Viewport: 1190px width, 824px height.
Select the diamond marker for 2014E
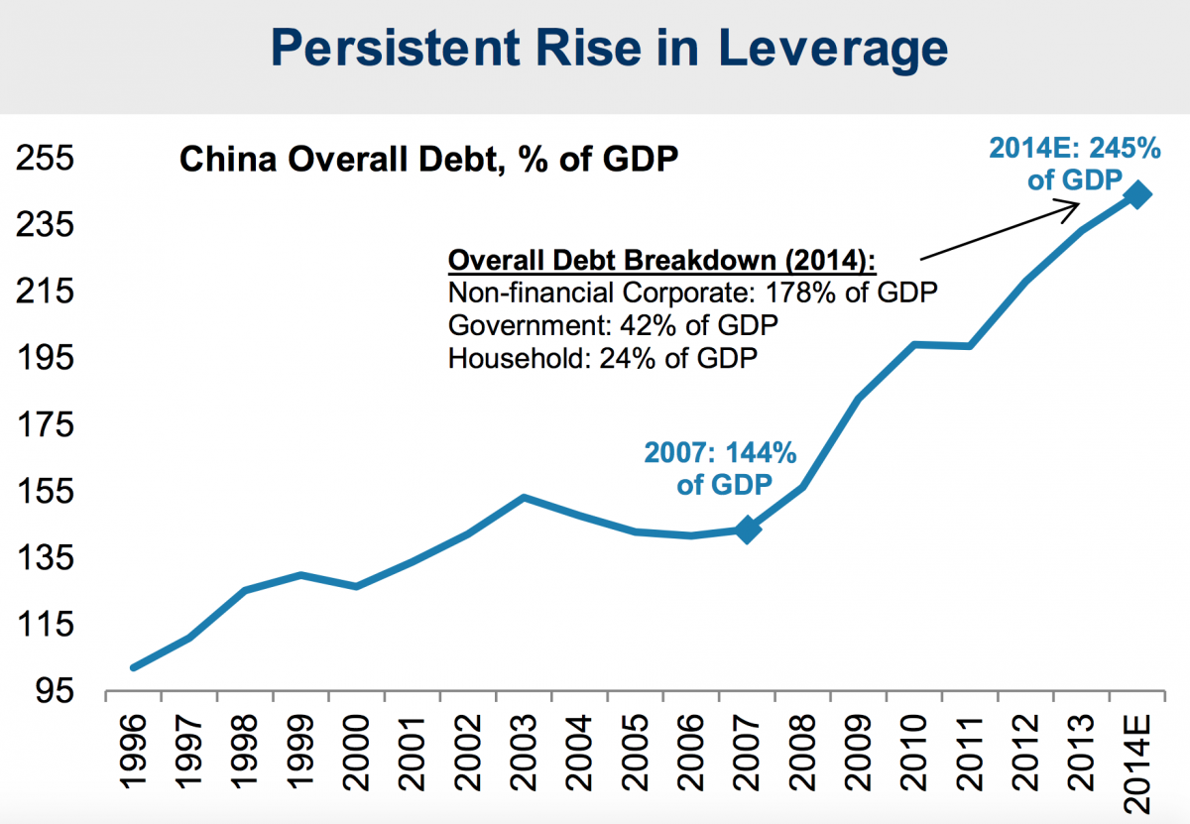pos(1136,195)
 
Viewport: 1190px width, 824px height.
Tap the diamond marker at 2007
pos(748,530)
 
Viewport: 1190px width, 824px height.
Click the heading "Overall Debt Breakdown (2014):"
pos(662,261)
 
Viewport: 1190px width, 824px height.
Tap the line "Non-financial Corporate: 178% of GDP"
pos(692,294)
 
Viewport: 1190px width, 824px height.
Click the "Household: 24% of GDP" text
pos(603,357)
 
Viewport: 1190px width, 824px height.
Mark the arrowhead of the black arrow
pos(1075,205)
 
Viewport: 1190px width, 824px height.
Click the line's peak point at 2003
pos(525,497)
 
